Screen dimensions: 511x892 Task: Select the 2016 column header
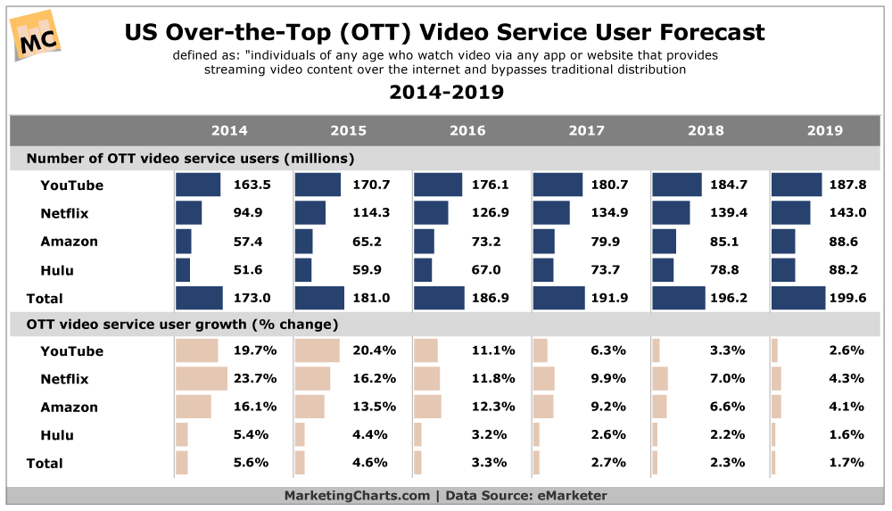click(467, 130)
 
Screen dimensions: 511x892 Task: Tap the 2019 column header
click(824, 130)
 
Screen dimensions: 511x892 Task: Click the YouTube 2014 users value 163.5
click(252, 185)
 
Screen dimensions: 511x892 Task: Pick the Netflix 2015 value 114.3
click(371, 214)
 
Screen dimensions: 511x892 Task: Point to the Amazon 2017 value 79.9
click(609, 242)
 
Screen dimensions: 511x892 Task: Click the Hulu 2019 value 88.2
click(847, 270)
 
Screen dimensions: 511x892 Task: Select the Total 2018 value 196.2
click(728, 299)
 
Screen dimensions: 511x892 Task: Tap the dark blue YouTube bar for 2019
click(797, 185)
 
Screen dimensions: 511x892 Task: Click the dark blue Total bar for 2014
click(199, 299)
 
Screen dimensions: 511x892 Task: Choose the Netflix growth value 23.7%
click(252, 379)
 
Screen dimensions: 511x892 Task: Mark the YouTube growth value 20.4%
click(371, 351)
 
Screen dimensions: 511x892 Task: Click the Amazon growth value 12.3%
click(491, 408)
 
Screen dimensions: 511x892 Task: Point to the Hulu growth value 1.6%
click(847, 435)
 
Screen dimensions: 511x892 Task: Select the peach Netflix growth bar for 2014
click(202, 379)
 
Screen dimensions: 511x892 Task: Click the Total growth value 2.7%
click(609, 464)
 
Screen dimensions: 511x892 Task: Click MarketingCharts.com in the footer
click(356, 496)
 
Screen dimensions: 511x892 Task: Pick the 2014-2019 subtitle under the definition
click(446, 93)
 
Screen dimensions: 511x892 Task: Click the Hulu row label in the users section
click(57, 270)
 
